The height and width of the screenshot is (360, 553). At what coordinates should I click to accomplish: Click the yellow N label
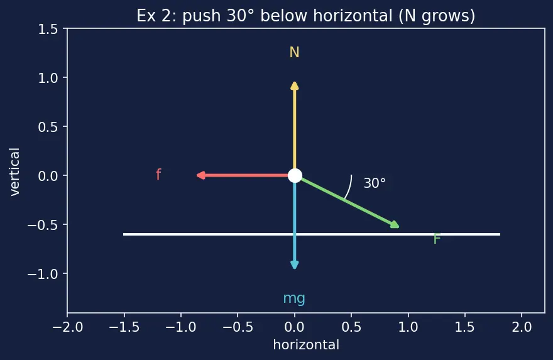coord(295,53)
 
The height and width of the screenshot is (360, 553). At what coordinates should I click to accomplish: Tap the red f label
coord(158,175)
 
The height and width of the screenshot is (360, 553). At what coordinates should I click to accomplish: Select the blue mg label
coord(294,299)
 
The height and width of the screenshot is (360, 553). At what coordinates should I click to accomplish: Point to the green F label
coord(437,239)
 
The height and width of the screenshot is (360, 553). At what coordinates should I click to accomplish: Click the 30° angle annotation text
coord(375,183)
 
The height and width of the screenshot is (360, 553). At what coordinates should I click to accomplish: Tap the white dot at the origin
coord(295,175)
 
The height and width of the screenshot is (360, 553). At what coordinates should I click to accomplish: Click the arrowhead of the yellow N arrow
coord(295,85)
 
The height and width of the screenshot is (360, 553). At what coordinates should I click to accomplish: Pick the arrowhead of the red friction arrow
coord(200,175)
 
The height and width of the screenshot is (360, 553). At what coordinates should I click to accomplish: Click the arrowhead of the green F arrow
coord(395,224)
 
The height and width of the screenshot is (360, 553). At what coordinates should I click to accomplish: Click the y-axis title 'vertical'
coord(14,172)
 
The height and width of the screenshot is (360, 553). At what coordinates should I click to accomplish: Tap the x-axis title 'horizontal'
coord(306,345)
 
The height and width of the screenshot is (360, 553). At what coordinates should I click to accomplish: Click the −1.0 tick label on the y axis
coord(43,274)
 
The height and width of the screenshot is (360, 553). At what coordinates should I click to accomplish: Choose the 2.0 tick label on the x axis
coord(522,327)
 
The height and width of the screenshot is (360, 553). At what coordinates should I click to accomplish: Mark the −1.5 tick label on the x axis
coord(124,327)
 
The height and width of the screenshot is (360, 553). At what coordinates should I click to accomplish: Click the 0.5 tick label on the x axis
coord(351,327)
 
